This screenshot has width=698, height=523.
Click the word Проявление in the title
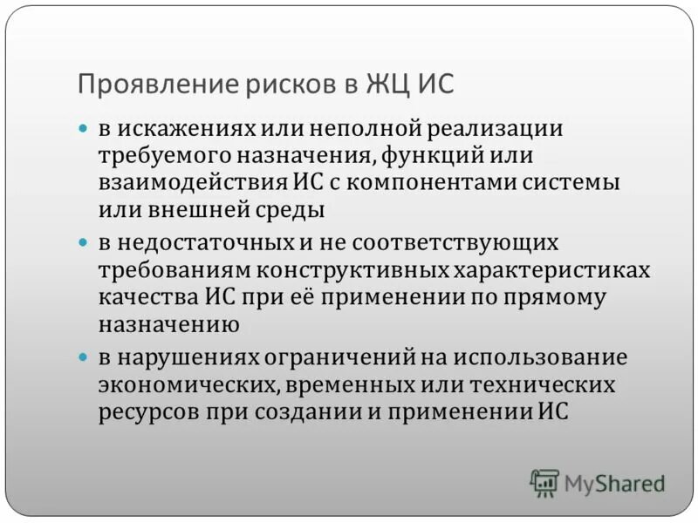tap(139, 85)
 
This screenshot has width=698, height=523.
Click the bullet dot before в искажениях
tap(84, 128)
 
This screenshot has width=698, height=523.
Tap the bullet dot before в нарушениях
tap(84, 357)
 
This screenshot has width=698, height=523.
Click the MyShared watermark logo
tap(597, 482)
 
